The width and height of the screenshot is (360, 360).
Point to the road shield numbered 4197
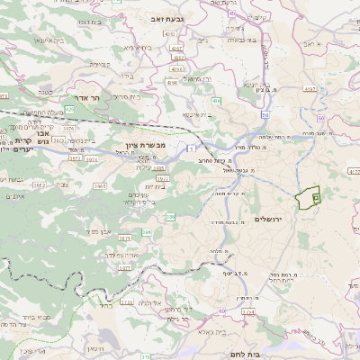click(310, 89)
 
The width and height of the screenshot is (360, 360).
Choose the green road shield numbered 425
click(69, 108)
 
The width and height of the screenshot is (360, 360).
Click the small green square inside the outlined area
click(315, 197)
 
